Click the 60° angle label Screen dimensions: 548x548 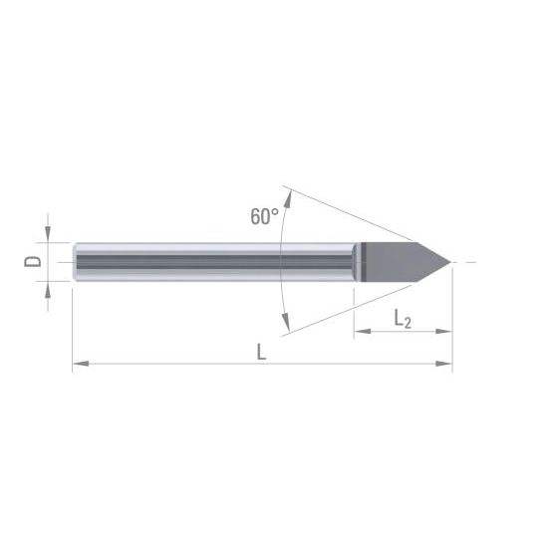click(x=265, y=216)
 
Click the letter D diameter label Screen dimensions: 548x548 click(x=32, y=261)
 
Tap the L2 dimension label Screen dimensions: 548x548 click(x=403, y=319)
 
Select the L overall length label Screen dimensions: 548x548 click(x=261, y=352)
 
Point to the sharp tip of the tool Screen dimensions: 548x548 click(x=450, y=262)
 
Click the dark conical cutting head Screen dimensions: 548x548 click(x=402, y=262)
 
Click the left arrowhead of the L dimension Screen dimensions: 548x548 click(x=81, y=364)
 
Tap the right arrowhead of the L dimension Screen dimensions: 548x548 click(x=443, y=364)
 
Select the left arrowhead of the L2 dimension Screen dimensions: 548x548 click(x=363, y=331)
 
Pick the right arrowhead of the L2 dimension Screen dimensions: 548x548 click(x=443, y=331)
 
